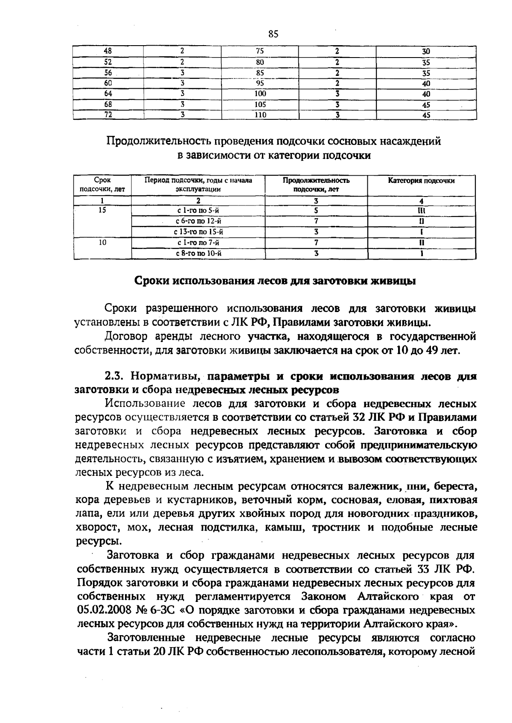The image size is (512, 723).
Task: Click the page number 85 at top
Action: [273, 34]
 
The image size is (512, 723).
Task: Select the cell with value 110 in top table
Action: [260, 115]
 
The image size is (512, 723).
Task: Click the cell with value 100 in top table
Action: [260, 94]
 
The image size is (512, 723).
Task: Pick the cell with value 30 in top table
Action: [426, 52]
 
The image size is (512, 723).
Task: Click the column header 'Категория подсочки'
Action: [421, 181]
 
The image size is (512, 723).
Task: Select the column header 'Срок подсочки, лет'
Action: [102, 185]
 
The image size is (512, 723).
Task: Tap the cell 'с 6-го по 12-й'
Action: [198, 221]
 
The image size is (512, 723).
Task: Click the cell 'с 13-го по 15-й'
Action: [198, 232]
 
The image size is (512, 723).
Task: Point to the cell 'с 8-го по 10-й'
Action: [198, 254]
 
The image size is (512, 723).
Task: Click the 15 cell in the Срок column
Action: [102, 210]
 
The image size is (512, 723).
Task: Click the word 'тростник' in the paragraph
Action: [337, 528]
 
